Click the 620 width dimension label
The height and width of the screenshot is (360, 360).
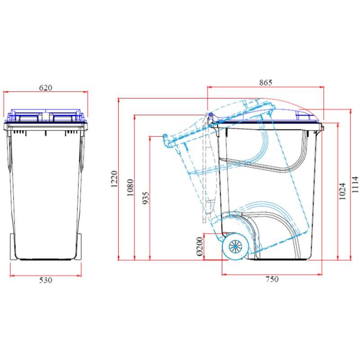(x=45, y=88)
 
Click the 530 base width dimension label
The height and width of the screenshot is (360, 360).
(x=45, y=280)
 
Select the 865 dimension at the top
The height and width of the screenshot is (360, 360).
(x=265, y=83)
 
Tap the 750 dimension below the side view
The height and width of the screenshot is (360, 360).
(x=272, y=279)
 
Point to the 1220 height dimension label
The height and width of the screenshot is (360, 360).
(x=114, y=179)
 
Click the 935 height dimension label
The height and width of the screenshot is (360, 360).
(x=146, y=198)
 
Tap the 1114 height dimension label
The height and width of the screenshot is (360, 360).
(x=355, y=184)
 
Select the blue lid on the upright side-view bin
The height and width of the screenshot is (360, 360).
(x=288, y=116)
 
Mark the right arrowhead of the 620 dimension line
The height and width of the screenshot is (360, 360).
(x=86, y=92)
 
